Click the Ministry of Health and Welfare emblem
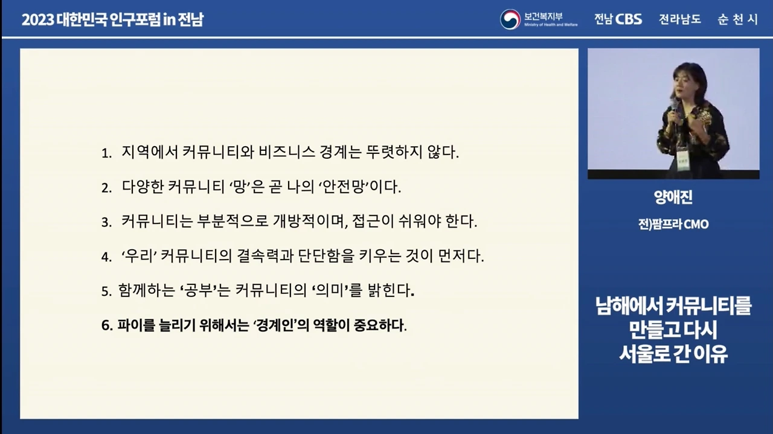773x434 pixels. click(x=510, y=19)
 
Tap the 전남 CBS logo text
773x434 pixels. click(x=618, y=19)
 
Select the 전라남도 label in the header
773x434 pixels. click(x=680, y=19)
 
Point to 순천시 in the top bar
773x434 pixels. click(x=737, y=19)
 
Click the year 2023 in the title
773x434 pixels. click(x=37, y=20)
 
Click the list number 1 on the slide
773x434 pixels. click(x=106, y=153)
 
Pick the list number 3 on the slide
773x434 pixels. click(x=106, y=223)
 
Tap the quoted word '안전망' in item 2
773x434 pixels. click(x=342, y=187)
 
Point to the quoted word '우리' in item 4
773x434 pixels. click(x=140, y=256)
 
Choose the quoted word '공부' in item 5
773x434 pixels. click(x=198, y=290)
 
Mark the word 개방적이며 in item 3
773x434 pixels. click(x=310, y=221)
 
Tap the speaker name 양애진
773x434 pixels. click(x=673, y=197)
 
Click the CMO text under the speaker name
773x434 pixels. click(x=696, y=225)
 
